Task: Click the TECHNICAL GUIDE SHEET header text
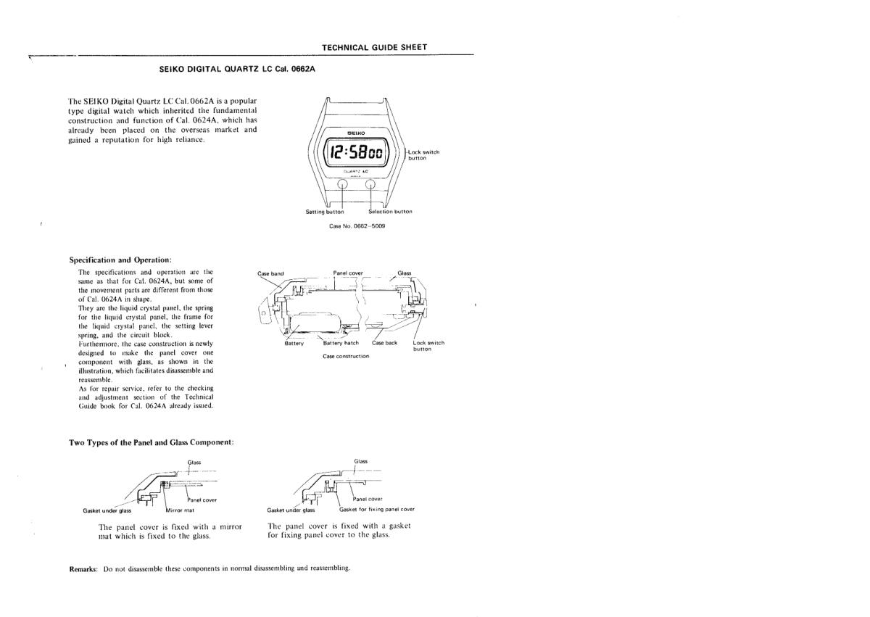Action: [x=374, y=47]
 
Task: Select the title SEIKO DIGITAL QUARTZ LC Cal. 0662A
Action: [x=237, y=70]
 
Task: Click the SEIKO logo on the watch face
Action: [x=357, y=133]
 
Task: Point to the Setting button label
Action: [x=325, y=212]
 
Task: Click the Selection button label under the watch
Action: [x=390, y=212]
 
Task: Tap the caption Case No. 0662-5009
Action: [x=357, y=226]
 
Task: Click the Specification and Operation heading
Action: [x=120, y=260]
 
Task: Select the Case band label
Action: [x=270, y=273]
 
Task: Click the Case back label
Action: [x=384, y=343]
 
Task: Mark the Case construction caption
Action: [x=346, y=356]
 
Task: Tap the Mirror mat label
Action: [x=180, y=509]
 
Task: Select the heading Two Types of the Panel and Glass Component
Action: [x=151, y=442]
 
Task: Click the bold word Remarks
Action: [x=83, y=568]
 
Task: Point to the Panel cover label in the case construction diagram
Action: [x=348, y=273]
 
